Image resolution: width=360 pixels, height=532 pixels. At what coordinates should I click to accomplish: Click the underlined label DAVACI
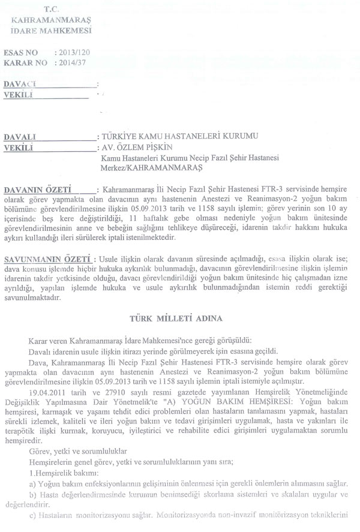coord(20,83)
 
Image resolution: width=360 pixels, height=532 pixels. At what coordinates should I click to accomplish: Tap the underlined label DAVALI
coord(20,137)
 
